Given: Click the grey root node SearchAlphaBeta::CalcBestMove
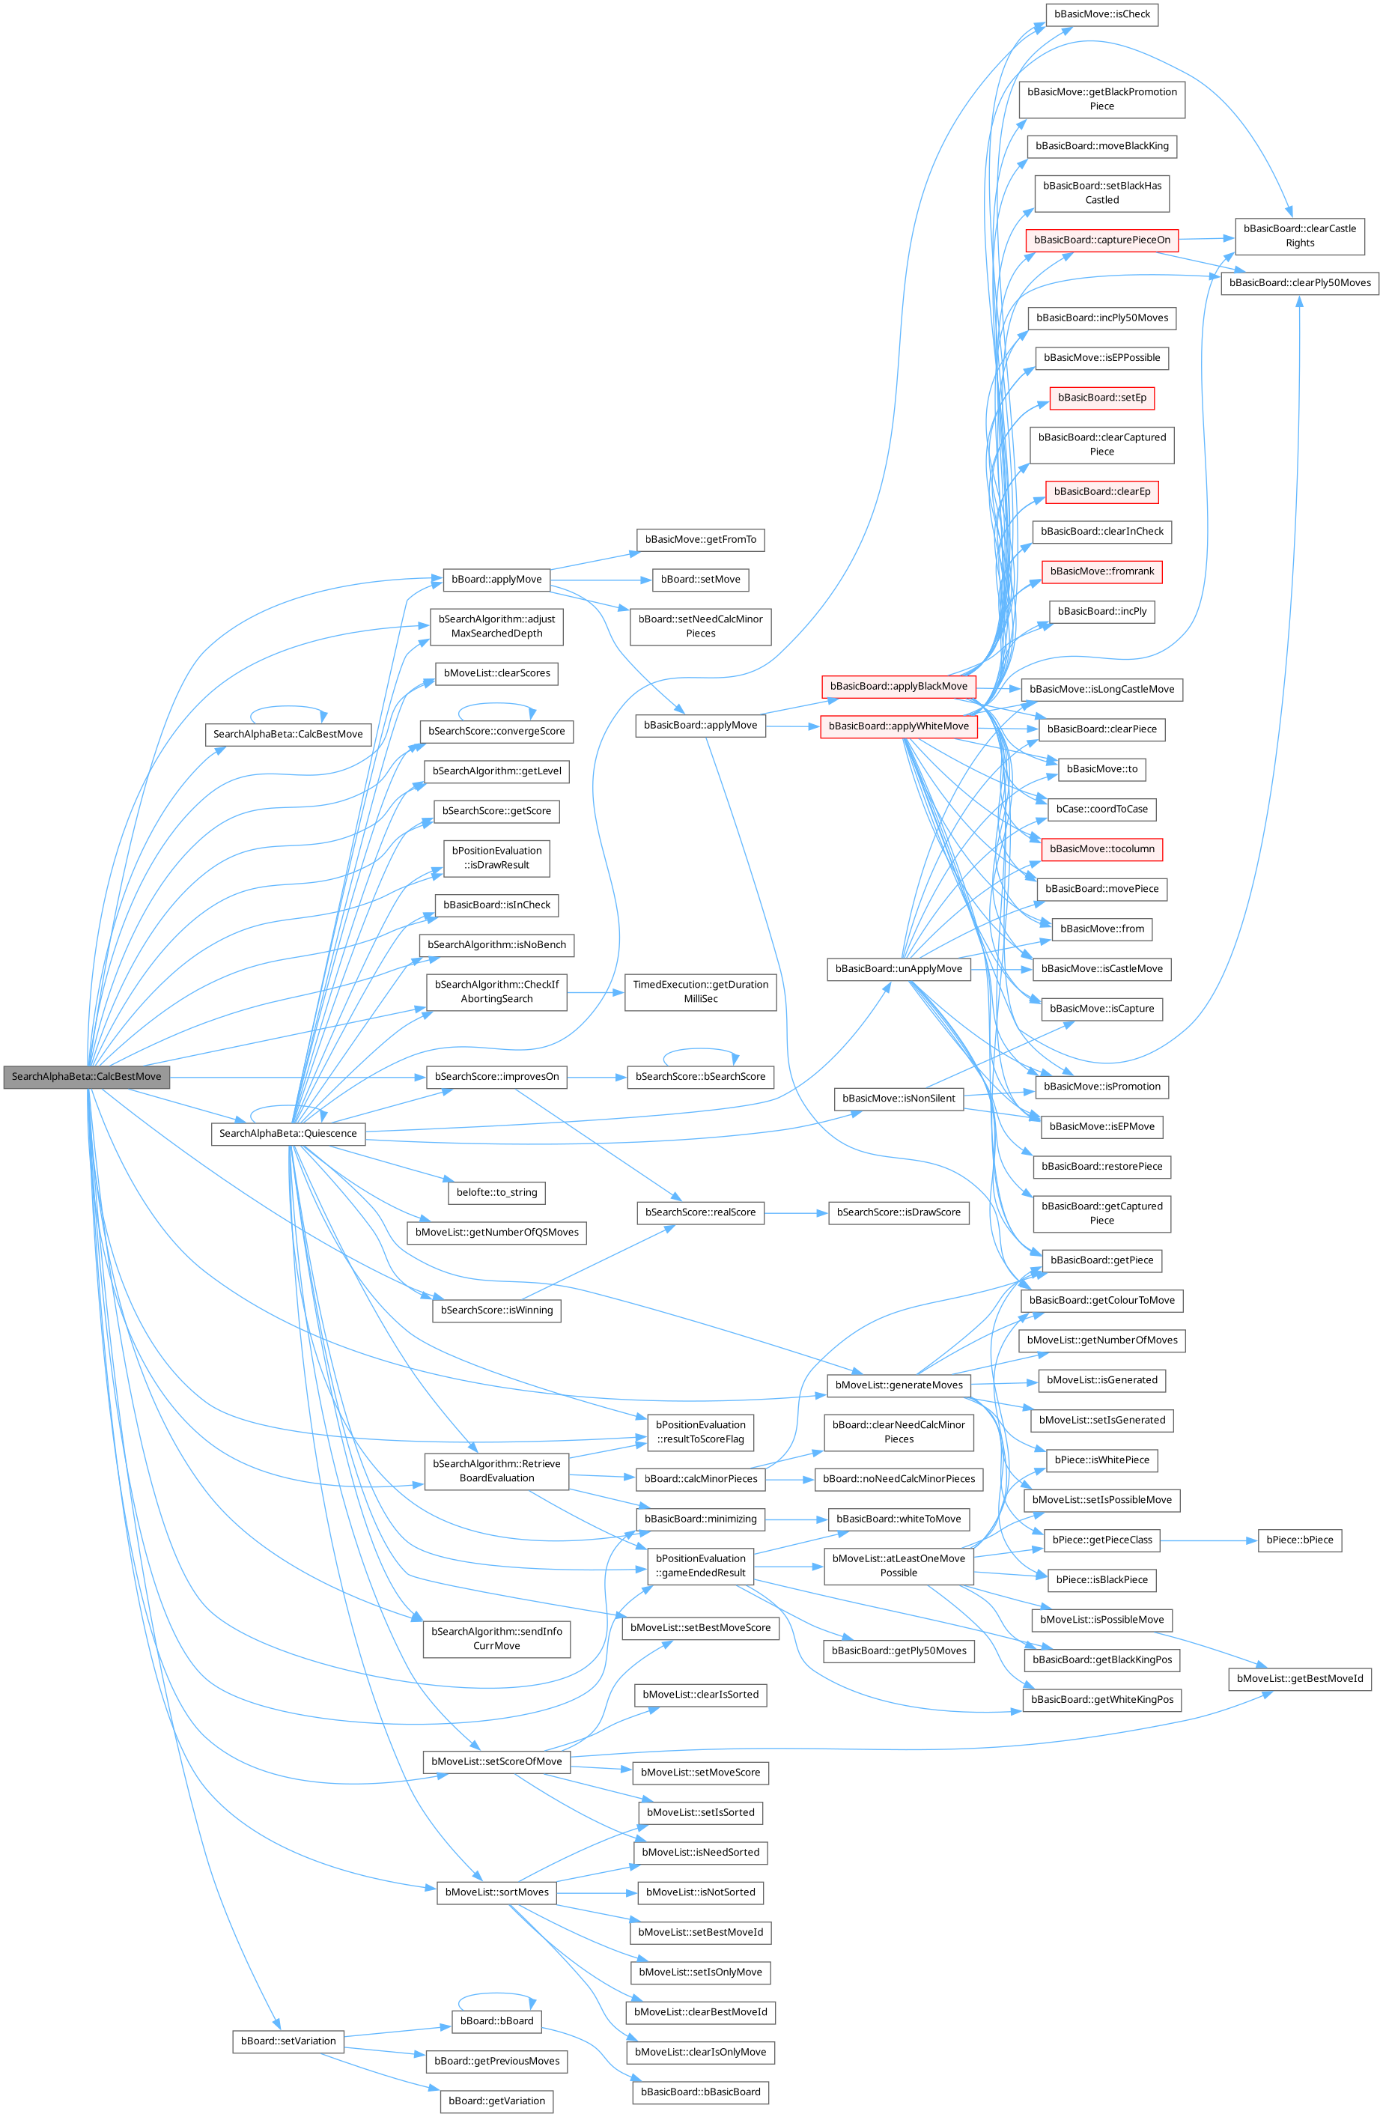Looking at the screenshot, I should (86, 1076).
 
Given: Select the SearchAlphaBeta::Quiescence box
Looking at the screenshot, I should (288, 1133).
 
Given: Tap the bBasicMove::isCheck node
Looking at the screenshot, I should (1101, 14).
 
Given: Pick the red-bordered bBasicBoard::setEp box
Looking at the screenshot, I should (1101, 398).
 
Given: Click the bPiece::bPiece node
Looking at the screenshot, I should (1298, 1540).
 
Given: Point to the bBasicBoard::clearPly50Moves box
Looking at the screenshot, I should (1299, 283).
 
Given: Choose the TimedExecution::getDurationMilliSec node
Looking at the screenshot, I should (700, 991).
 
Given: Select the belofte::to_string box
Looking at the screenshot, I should (496, 1192).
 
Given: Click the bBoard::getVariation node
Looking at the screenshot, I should (496, 2101).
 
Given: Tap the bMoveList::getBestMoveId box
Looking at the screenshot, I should (1299, 1678).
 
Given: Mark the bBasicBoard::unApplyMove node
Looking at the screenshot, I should (899, 969).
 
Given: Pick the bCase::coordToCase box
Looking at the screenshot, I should (1101, 810).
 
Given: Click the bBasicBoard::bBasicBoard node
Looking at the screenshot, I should (700, 2092).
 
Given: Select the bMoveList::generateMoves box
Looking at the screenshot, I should (899, 1385).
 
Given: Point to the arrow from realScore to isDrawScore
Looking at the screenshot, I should (796, 1212).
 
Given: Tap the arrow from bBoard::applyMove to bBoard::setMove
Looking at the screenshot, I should (601, 580).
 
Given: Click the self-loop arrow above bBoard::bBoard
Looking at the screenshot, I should (496, 1994).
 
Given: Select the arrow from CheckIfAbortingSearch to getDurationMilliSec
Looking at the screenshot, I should (595, 991).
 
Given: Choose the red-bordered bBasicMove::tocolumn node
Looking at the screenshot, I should (1101, 849).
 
